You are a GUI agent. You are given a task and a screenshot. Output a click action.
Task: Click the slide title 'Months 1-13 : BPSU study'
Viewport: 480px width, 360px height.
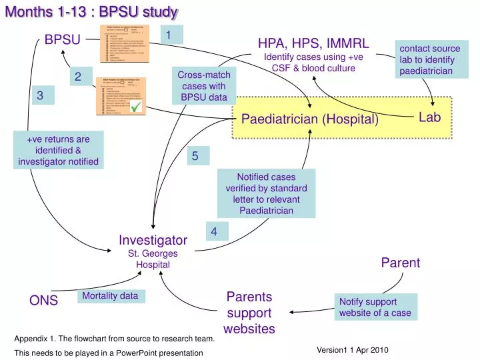[x=91, y=11]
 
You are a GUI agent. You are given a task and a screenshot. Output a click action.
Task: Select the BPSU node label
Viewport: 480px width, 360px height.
[x=63, y=40]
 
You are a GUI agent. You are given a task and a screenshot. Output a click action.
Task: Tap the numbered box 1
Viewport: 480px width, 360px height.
[x=169, y=35]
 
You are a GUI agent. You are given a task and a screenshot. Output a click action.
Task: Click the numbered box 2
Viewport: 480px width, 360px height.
[x=78, y=77]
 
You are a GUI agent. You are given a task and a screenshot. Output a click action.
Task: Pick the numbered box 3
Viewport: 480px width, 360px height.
[x=40, y=96]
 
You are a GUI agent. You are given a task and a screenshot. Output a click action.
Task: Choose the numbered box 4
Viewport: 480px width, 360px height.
[x=214, y=231]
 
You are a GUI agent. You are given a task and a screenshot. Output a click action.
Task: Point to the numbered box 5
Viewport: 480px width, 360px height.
[x=195, y=156]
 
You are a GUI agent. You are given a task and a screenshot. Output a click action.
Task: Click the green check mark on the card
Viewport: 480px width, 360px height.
[x=136, y=107]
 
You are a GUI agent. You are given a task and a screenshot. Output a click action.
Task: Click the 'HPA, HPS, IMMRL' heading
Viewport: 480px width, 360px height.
[x=313, y=43]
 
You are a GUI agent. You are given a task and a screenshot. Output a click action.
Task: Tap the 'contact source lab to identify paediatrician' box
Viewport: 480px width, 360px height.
[x=429, y=59]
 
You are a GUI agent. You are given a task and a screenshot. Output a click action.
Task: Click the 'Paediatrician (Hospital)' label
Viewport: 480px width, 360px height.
[x=309, y=119]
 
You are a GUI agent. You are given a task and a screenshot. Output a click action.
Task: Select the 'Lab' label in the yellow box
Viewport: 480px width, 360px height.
[x=429, y=117]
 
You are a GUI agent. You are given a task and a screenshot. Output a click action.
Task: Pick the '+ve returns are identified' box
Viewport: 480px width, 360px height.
[x=59, y=150]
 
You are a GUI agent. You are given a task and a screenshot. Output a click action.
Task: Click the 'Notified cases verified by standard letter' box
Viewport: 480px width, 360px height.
[x=266, y=193]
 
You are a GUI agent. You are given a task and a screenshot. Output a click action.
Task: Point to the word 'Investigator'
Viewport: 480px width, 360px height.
[x=153, y=239]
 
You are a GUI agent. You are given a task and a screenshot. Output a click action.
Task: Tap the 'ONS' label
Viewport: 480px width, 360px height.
[x=43, y=301]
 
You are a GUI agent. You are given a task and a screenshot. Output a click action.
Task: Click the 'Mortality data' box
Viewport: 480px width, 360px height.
[x=110, y=296]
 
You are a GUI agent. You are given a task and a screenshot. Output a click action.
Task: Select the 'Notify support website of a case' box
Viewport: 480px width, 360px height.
[x=375, y=307]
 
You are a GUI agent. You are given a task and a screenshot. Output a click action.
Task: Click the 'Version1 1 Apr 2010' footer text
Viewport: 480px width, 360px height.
[x=352, y=350]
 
